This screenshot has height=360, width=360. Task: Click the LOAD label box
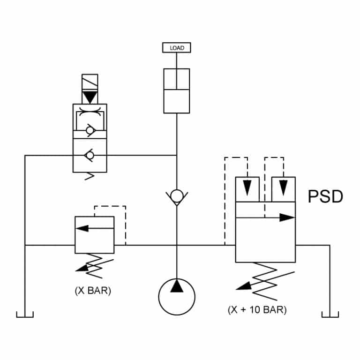(177, 47)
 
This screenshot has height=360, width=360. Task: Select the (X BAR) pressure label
(93, 291)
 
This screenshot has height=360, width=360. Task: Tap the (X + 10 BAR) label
(257, 310)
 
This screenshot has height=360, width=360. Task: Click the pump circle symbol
(177, 296)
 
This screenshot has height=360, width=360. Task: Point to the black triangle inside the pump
(177, 286)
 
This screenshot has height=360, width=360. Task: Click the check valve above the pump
(177, 196)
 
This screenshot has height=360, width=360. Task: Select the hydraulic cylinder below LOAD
(177, 90)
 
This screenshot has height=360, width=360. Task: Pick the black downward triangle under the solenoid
(90, 97)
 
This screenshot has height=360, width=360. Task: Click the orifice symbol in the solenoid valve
(90, 113)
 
